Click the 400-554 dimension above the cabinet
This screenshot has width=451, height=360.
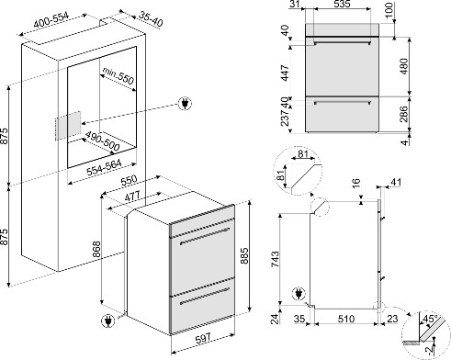tap(51, 20)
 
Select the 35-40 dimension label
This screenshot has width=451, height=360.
tap(151, 19)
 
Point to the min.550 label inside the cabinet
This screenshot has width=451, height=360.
tap(118, 75)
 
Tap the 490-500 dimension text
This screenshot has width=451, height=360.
tap(102, 141)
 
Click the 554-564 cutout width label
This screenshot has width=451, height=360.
tap(104, 167)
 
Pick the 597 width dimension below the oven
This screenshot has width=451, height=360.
tap(203, 338)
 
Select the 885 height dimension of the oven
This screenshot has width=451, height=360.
tap(244, 256)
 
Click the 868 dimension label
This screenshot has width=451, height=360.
tap(96, 251)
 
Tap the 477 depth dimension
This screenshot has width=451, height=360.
tap(132, 197)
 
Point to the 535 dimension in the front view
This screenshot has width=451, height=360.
tap(342, 4)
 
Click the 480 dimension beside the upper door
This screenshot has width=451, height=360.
tap(404, 66)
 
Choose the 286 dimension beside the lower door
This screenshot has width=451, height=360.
tap(404, 114)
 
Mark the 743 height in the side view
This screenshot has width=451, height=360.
tap(276, 259)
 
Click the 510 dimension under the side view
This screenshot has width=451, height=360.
tap(346, 319)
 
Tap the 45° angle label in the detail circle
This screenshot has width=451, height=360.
tap(430, 319)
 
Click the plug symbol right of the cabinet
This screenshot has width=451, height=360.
tap(185, 104)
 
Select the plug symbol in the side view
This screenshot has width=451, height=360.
tap(299, 294)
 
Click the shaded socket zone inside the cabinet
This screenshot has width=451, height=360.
tap(68, 126)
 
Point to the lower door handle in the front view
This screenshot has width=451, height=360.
tap(343, 102)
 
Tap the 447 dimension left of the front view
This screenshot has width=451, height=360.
tap(286, 73)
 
